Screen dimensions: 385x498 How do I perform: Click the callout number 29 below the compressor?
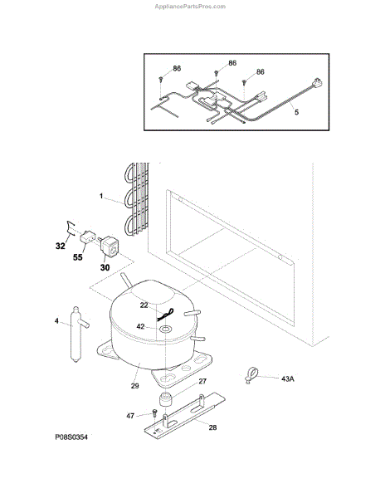[135, 386]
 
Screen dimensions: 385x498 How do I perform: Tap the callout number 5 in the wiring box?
[296, 112]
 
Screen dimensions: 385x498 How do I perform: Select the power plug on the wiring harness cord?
[319, 83]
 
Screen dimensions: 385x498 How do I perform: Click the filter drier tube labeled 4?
[77, 334]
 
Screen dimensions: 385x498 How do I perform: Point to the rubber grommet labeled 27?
[165, 399]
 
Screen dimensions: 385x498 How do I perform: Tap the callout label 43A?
[288, 378]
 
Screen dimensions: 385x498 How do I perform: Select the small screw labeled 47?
[155, 413]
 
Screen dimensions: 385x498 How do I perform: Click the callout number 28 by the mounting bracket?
[212, 427]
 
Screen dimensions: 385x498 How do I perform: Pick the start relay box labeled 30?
[110, 247]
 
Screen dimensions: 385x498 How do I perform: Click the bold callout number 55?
[78, 257]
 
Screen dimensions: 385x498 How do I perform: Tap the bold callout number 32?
[61, 246]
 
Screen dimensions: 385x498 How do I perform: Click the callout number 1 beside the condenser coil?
[101, 196]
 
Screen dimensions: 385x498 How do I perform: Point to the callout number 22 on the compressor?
[144, 305]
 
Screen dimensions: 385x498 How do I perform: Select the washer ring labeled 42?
[165, 329]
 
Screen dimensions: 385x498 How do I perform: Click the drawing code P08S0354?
[71, 437]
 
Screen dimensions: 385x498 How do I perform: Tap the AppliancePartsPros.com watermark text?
[190, 7]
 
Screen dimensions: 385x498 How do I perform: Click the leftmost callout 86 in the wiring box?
[177, 68]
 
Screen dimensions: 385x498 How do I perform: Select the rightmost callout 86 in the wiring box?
[261, 71]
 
